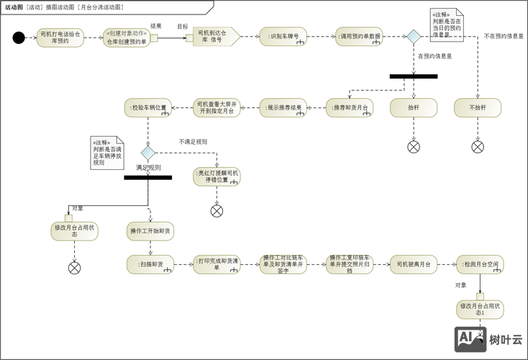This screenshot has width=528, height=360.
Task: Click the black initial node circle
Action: (19, 37)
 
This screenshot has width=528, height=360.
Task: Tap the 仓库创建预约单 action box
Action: (127, 37)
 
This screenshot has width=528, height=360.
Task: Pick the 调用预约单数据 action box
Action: (359, 37)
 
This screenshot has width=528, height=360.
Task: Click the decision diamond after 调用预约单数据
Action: (414, 37)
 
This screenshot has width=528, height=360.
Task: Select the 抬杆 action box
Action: (414, 108)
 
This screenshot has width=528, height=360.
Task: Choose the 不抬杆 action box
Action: (478, 108)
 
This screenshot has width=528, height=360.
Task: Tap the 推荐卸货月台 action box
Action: (350, 108)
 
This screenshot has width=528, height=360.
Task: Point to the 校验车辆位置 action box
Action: (148, 108)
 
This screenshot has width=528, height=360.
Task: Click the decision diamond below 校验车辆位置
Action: (148, 153)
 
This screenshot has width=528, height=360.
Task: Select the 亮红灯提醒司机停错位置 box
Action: (217, 177)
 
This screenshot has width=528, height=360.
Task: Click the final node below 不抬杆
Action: (478, 146)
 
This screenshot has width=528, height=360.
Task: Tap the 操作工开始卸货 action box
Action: (150, 231)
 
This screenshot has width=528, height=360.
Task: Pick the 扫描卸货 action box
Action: (150, 265)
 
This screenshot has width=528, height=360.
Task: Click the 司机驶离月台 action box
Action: (414, 265)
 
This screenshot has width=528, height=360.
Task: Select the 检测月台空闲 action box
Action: (480, 265)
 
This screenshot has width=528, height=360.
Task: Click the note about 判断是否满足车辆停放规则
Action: (104, 152)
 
